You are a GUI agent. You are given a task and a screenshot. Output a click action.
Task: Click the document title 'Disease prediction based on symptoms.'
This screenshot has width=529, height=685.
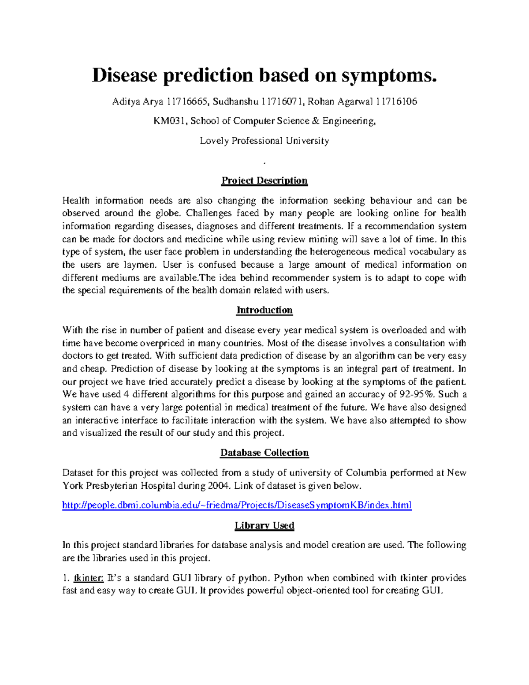click(x=264, y=75)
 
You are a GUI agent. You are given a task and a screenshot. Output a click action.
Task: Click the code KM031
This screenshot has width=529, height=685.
click(x=170, y=121)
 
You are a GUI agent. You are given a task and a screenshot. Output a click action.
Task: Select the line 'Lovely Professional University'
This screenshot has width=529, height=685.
click(x=264, y=141)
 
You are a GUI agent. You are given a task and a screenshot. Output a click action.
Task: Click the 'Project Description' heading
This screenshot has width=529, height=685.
click(x=264, y=180)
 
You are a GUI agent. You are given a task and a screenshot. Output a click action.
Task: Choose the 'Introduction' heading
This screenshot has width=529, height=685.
click(x=264, y=310)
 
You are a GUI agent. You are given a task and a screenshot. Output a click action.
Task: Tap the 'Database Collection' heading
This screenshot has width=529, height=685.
click(x=264, y=453)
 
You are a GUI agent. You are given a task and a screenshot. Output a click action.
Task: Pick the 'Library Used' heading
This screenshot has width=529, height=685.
click(x=264, y=525)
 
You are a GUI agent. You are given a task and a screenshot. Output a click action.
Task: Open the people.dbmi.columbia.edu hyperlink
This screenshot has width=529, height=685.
click(x=237, y=505)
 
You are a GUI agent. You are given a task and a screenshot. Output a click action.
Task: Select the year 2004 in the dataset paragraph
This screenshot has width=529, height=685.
click(x=219, y=486)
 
